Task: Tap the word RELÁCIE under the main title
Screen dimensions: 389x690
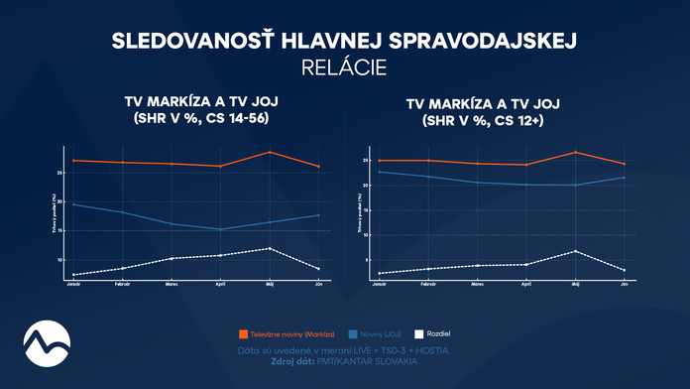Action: click(x=344, y=67)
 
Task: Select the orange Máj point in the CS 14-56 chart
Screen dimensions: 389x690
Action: click(x=269, y=152)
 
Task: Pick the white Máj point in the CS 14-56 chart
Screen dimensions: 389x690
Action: click(x=269, y=248)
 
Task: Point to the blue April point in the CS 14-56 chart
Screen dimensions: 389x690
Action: click(x=219, y=229)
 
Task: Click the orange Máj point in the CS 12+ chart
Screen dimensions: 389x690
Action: click(x=575, y=152)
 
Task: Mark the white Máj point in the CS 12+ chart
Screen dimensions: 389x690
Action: click(x=575, y=251)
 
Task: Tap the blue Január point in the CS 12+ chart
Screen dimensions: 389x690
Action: click(x=379, y=172)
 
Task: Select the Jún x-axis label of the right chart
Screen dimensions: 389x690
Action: click(x=625, y=285)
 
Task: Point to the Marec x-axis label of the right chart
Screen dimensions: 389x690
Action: click(x=477, y=285)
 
